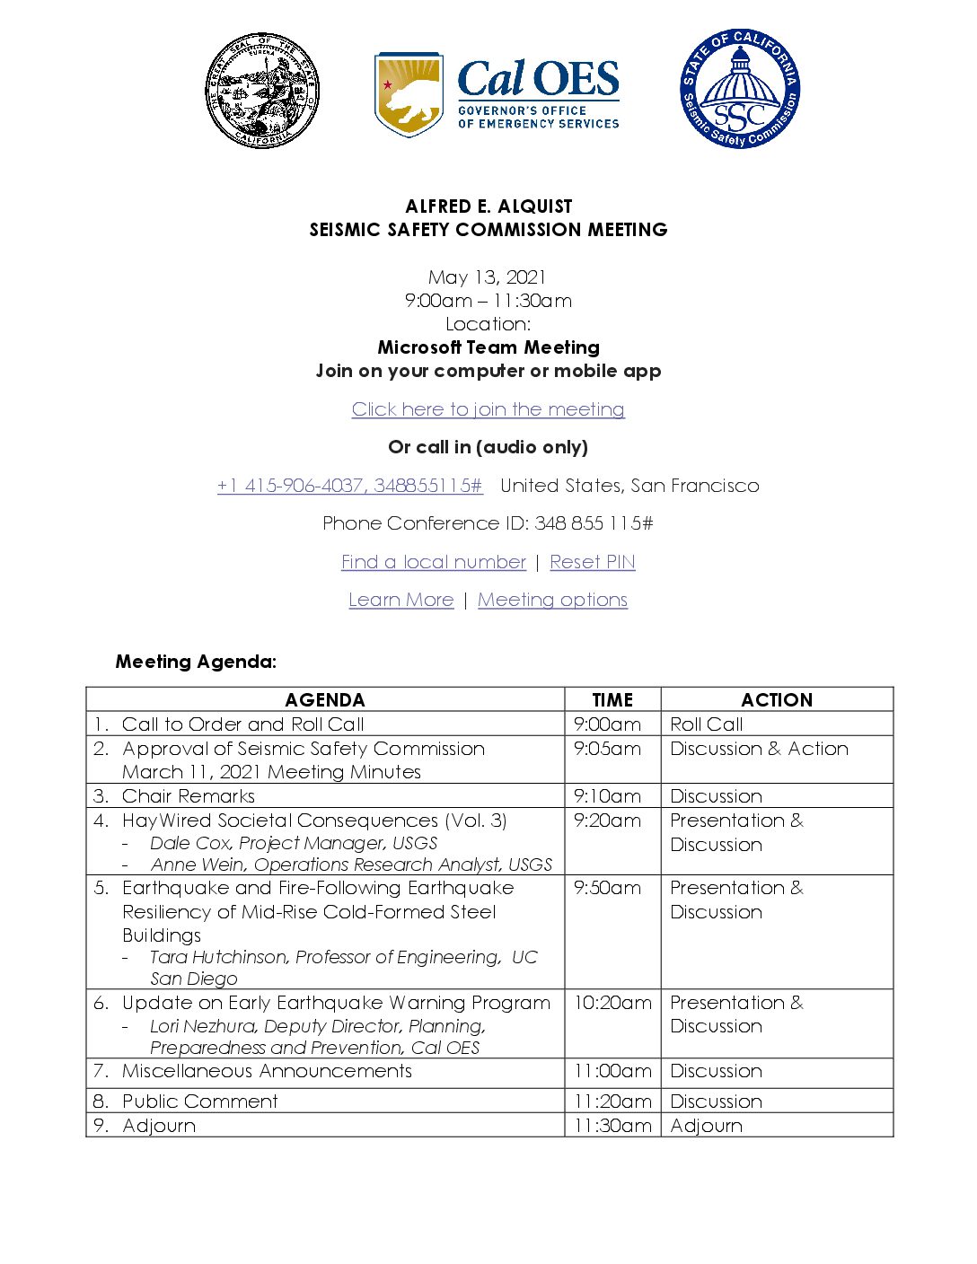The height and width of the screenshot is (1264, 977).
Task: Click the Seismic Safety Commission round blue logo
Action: [740, 89]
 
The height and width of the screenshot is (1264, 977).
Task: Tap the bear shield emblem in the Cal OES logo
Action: [409, 94]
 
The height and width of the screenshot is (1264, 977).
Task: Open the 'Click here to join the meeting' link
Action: [488, 409]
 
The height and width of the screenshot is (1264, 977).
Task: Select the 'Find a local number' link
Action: [434, 562]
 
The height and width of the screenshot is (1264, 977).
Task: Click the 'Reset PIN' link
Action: [593, 562]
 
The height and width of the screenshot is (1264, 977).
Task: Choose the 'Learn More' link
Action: [401, 600]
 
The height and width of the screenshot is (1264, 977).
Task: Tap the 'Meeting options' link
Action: [552, 600]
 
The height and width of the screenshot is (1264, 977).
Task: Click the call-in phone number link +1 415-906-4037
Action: [349, 486]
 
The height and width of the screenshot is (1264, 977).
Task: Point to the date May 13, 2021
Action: [488, 277]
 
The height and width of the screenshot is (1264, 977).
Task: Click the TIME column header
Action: [612, 700]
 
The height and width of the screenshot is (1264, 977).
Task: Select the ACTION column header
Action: [777, 700]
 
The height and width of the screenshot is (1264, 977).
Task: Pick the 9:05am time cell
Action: [608, 749]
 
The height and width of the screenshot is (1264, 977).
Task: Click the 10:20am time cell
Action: [612, 1003]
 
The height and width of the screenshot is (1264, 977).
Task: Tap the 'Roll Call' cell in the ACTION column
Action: [707, 724]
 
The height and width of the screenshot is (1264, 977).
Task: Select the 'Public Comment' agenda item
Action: [200, 1102]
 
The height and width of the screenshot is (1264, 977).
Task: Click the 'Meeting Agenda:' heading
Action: [196, 662]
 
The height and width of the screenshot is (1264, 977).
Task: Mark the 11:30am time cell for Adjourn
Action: [612, 1126]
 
